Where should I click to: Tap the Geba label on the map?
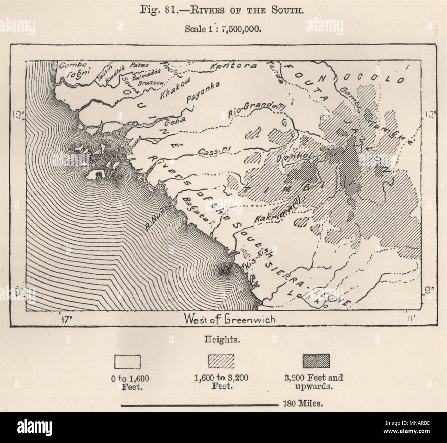[x=175, y=119]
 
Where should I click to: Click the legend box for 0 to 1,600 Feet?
[x=127, y=362]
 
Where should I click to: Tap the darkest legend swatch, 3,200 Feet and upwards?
[x=316, y=361]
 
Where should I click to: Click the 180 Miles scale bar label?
[x=303, y=404]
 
